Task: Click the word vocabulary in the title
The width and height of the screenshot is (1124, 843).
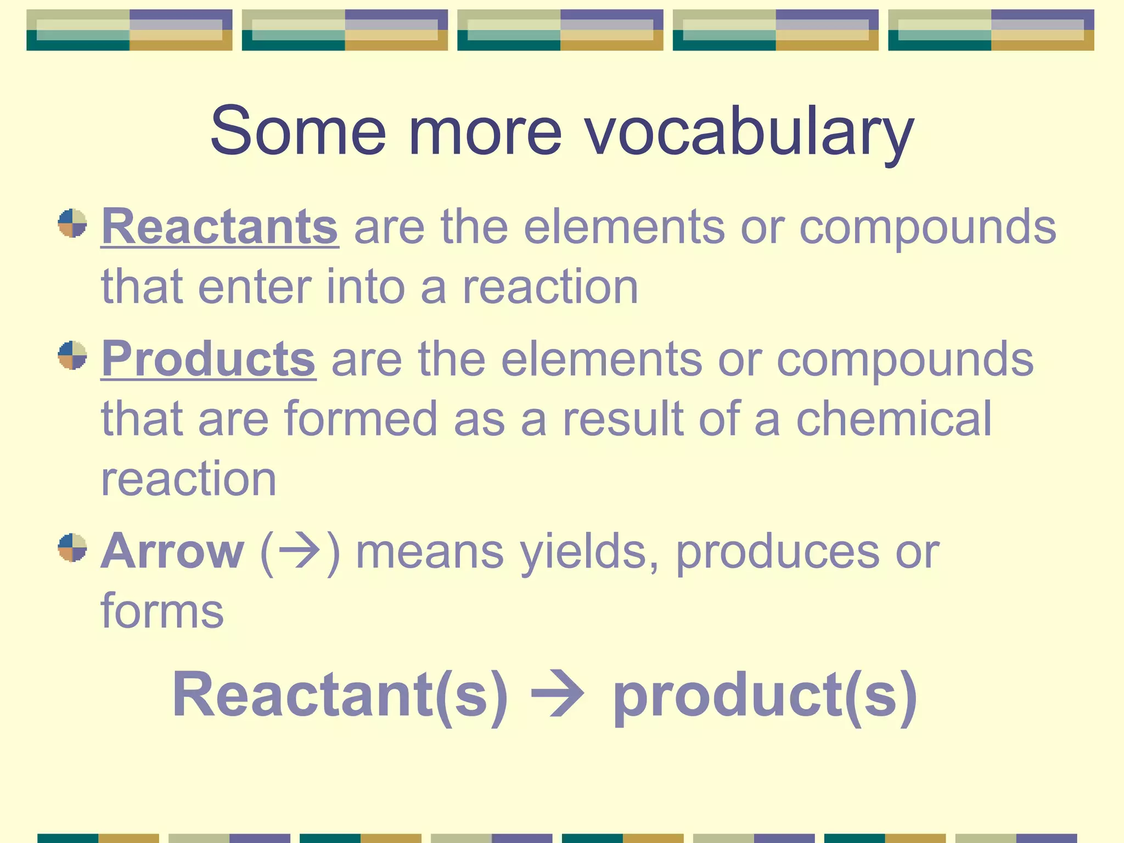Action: pyautogui.click(x=749, y=132)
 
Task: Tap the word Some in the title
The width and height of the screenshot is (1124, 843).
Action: pyautogui.click(x=299, y=132)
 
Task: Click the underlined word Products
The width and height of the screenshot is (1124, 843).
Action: pyautogui.click(x=209, y=359)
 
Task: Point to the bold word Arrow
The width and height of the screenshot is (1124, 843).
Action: pyautogui.click(x=172, y=551)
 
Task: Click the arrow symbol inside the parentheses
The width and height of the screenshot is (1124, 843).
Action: pyautogui.click(x=299, y=551)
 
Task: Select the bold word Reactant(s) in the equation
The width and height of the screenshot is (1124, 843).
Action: pyautogui.click(x=340, y=695)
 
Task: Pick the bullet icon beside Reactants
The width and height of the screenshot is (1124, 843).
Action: pyautogui.click(x=72, y=223)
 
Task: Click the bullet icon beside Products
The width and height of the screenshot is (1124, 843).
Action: pyautogui.click(x=72, y=355)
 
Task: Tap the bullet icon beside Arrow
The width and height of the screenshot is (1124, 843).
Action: pyautogui.click(x=72, y=547)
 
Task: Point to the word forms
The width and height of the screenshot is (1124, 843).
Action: pyautogui.click(x=162, y=611)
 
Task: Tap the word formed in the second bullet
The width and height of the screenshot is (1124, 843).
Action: pyautogui.click(x=361, y=419)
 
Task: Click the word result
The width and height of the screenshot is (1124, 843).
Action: pyautogui.click(x=623, y=419)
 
